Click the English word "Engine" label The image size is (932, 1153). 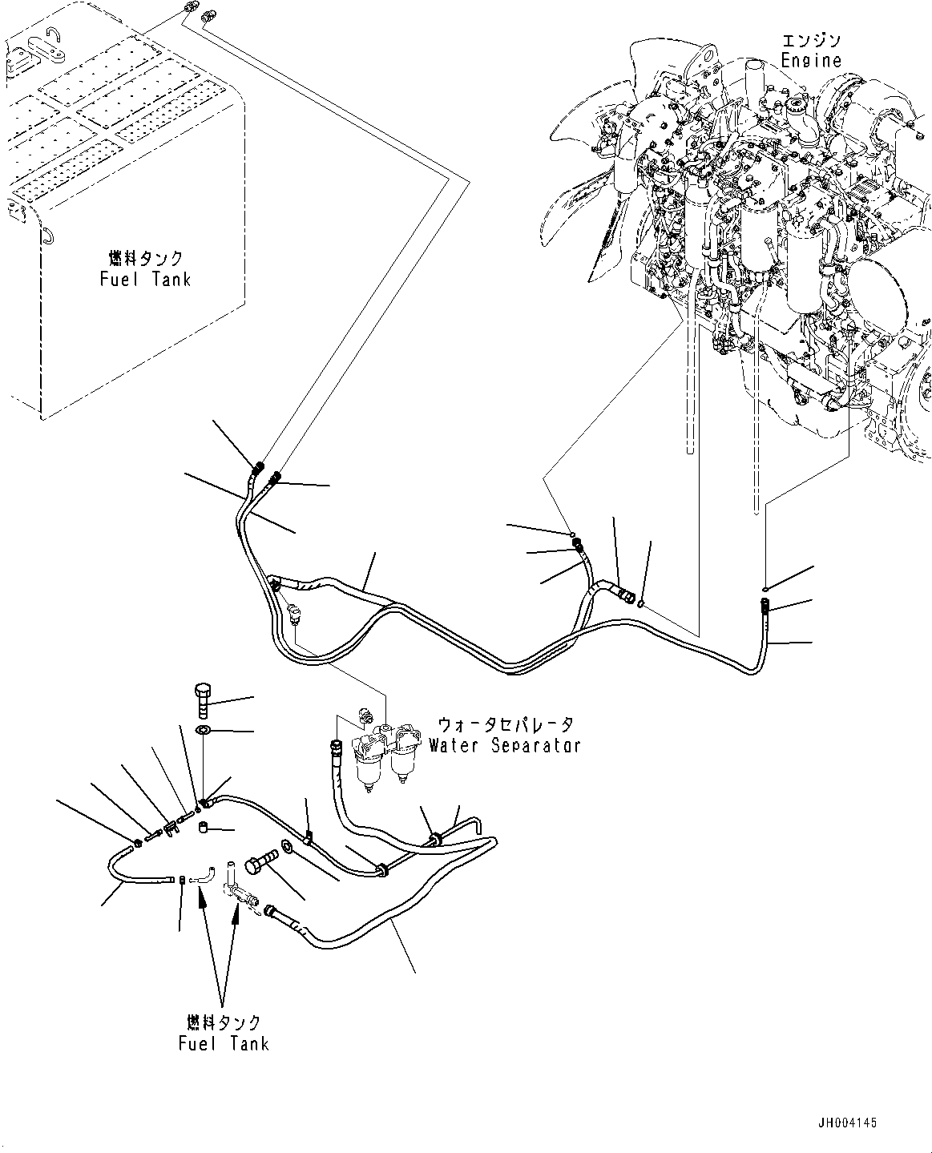click(x=812, y=60)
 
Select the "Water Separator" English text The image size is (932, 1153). click(x=503, y=745)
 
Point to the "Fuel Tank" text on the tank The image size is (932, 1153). click(x=145, y=280)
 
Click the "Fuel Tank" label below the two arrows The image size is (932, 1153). click(x=224, y=1043)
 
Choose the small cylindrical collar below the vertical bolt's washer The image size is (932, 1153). click(x=204, y=827)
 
